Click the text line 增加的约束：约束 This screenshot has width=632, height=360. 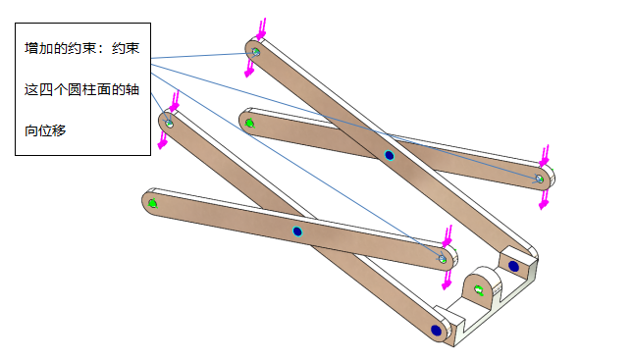[81, 48]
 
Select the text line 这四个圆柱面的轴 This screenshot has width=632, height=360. [81, 89]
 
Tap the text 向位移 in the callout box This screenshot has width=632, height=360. [45, 130]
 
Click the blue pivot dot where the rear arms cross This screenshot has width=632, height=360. [389, 155]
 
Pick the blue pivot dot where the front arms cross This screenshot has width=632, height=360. [297, 231]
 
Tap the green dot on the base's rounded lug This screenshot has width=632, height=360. [479, 289]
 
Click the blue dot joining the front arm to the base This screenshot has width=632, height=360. [436, 331]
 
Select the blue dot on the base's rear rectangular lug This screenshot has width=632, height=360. [513, 266]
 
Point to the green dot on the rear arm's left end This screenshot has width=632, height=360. [249, 123]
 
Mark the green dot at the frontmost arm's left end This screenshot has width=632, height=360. [152, 203]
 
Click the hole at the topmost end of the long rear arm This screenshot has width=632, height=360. [256, 52]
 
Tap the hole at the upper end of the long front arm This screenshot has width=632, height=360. [169, 124]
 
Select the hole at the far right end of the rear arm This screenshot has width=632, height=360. [540, 179]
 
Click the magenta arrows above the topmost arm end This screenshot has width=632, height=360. [262, 29]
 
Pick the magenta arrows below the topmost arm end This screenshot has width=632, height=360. [250, 68]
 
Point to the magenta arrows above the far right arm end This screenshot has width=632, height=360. [545, 156]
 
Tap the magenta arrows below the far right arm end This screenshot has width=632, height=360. [544, 199]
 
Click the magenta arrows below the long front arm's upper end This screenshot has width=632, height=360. [163, 139]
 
